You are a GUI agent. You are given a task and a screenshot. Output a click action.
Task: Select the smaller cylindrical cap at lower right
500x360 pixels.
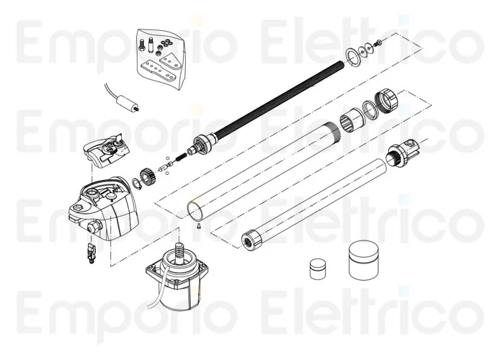click(318, 269)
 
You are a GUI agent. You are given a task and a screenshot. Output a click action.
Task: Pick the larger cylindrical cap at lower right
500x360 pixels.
click(364, 260)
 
